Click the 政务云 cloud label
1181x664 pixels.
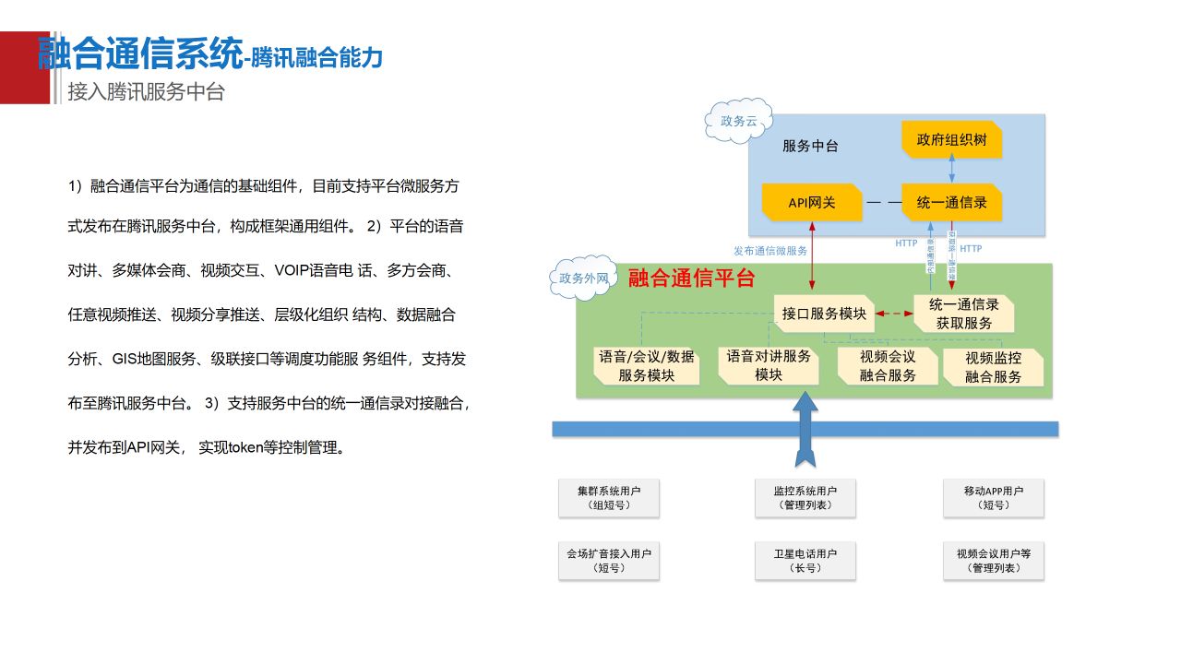[739, 121]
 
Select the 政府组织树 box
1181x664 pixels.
[951, 141]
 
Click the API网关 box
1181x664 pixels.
[812, 202]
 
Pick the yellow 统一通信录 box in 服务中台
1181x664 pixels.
[951, 202]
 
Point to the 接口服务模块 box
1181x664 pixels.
[824, 314]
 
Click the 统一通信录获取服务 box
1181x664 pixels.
[964, 314]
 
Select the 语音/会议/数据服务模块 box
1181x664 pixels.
[646, 366]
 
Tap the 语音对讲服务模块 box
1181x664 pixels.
[769, 365]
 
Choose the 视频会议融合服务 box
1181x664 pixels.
[888, 366]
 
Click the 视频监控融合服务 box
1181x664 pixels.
[994, 367]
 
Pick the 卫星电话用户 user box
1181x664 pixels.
[805, 561]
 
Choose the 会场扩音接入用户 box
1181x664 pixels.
[609, 561]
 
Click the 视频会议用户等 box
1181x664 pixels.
[994, 561]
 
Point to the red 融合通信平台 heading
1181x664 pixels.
[692, 278]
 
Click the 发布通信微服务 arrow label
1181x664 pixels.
[770, 251]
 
